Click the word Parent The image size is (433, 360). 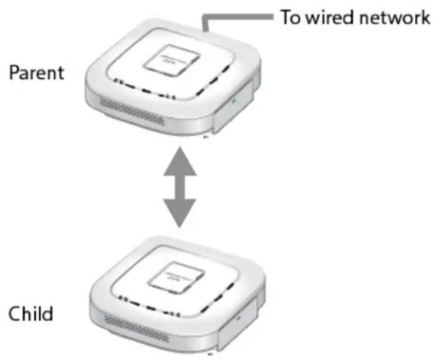click(x=36, y=73)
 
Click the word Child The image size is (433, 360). click(x=31, y=313)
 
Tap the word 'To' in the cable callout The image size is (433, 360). click(x=290, y=17)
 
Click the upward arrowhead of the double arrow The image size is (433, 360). click(x=180, y=161)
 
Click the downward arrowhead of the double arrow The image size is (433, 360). click(x=180, y=213)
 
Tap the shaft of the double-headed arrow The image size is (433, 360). click(x=180, y=187)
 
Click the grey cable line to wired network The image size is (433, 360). click(x=238, y=17)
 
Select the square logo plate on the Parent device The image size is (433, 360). click(x=171, y=60)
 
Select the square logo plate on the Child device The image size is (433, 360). click(x=176, y=277)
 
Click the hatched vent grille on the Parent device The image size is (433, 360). click(x=132, y=112)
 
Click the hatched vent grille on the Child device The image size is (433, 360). click(x=135, y=328)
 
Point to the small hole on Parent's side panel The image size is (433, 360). click(x=234, y=101)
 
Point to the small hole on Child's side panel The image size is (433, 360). click(x=238, y=318)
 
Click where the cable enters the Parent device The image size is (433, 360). click(x=205, y=32)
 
